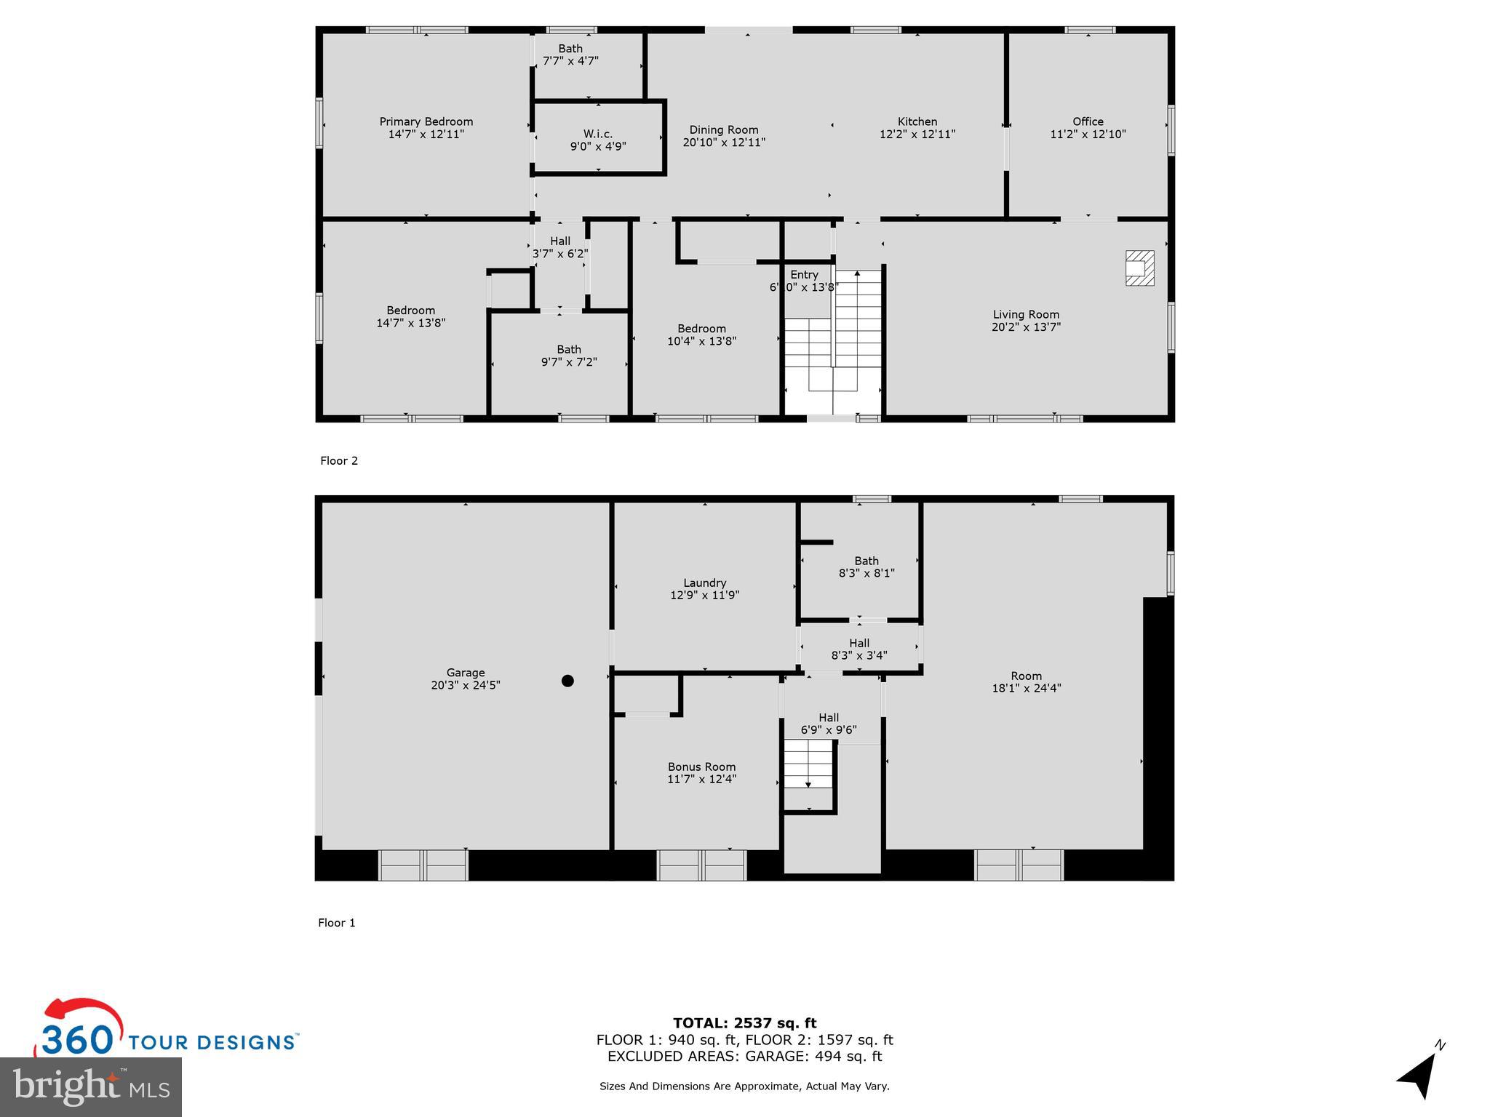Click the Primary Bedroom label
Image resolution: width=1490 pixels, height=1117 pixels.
coord(426,121)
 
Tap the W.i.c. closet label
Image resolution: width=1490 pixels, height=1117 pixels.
coord(597,134)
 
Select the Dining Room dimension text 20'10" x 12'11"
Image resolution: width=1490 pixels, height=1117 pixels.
coord(723,143)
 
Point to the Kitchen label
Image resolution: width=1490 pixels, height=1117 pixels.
coord(917,121)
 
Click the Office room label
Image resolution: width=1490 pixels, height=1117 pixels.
coord(1087,121)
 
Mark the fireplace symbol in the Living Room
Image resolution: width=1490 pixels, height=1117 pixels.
coord(1139,268)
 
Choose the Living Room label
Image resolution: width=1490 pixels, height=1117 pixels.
coord(1025,314)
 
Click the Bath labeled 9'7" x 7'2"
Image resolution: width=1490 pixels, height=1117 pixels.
coord(568,355)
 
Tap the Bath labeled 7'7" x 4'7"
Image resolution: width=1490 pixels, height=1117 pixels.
coord(570,55)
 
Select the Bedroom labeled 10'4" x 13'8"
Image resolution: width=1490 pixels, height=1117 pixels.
coord(701,335)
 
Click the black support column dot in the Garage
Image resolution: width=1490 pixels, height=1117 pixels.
coord(567,681)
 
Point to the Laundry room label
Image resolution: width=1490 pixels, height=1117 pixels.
coord(704,582)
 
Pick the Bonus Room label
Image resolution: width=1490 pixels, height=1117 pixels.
coord(701,766)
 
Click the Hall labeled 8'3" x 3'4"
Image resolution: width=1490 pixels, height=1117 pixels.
coord(858,649)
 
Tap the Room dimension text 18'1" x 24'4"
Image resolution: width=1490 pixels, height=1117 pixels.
coord(1026,688)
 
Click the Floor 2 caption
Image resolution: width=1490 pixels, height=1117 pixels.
coord(339,460)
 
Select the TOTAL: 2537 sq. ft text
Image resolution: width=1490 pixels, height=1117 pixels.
coord(744,1023)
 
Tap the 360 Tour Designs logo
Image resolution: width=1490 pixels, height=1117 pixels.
coord(167,1033)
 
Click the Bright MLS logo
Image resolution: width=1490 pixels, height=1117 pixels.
coord(91,1087)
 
